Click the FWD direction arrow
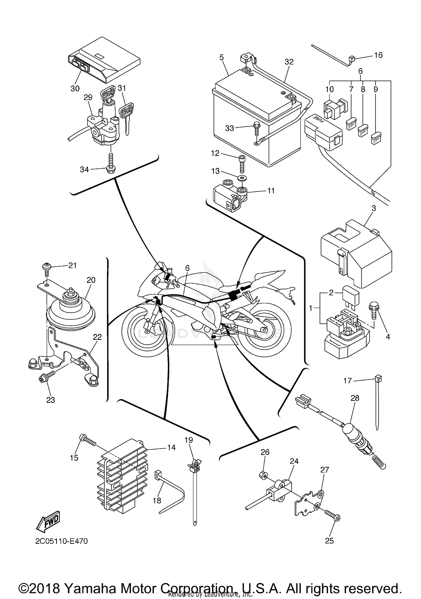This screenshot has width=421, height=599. pos(48,521)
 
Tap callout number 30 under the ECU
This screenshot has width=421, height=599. pos(75,88)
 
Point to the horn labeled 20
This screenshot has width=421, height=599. pos(70,311)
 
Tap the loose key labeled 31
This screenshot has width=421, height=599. pos(126,115)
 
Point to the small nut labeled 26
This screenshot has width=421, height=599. pos(263,475)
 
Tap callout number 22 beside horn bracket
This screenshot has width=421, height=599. pos(97,337)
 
